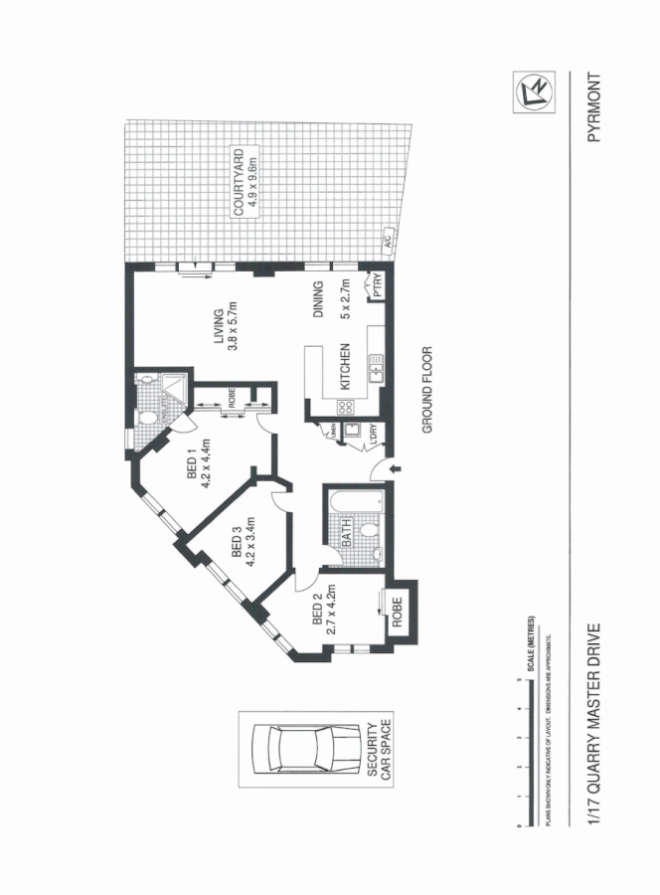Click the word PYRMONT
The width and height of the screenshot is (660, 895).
tap(595, 108)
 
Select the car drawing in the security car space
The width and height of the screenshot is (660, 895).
tap(305, 745)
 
